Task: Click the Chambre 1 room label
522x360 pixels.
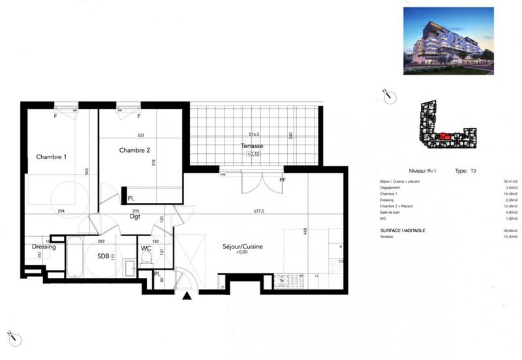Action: click(x=51, y=157)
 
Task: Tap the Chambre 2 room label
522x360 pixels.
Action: click(x=135, y=150)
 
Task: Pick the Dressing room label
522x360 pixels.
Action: click(x=44, y=247)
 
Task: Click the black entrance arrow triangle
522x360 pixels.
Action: click(x=187, y=297)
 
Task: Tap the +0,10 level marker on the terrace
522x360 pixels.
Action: click(x=252, y=155)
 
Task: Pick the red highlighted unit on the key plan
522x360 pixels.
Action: click(x=444, y=135)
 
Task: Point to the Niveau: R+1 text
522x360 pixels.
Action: click(x=422, y=170)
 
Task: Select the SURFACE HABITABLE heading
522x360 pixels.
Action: click(x=403, y=231)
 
